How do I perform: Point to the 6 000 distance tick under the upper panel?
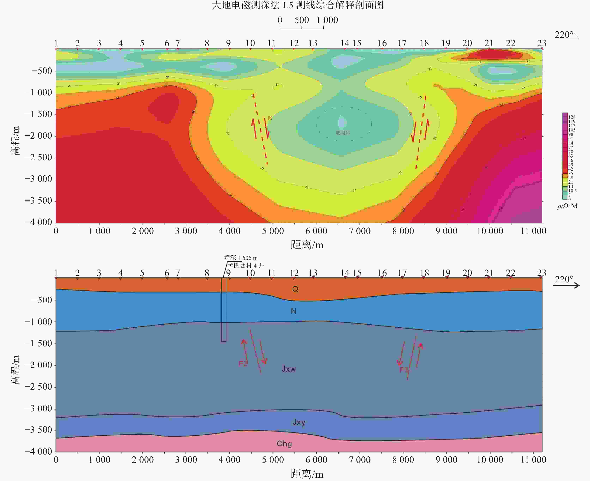click(316, 231)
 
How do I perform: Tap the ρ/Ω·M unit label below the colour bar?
click(567, 206)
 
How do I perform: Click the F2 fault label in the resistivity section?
click(270, 118)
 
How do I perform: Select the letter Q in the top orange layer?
click(295, 289)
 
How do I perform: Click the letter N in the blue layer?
click(294, 311)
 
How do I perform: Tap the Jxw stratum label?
click(289, 369)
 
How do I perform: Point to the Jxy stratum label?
click(299, 422)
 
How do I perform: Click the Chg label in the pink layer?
click(284, 444)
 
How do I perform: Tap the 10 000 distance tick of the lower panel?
click(490, 460)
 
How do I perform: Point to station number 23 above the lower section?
click(542, 273)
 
